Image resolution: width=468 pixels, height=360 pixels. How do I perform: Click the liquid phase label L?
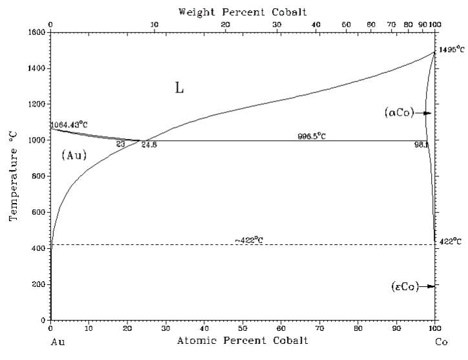point(179,89)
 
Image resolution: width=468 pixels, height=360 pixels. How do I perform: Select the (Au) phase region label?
point(74,155)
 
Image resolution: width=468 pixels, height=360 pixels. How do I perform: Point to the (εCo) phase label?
point(405,286)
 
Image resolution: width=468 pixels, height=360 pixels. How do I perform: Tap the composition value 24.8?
point(149,145)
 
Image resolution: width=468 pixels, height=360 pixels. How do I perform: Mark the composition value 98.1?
point(421,145)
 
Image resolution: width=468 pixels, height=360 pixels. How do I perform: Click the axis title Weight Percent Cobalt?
point(242,12)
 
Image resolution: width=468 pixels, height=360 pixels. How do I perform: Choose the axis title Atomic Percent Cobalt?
point(242,341)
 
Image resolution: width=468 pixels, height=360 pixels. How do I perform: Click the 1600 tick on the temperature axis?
point(36,32)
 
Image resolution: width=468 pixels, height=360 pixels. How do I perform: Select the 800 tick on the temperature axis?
point(38,176)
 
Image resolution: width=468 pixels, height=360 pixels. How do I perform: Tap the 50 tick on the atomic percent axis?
point(242,328)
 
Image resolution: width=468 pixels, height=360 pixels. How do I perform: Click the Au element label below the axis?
point(58,342)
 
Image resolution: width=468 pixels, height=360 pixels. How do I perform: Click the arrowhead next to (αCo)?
point(427,113)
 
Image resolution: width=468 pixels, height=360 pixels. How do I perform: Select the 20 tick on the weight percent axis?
point(224,25)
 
